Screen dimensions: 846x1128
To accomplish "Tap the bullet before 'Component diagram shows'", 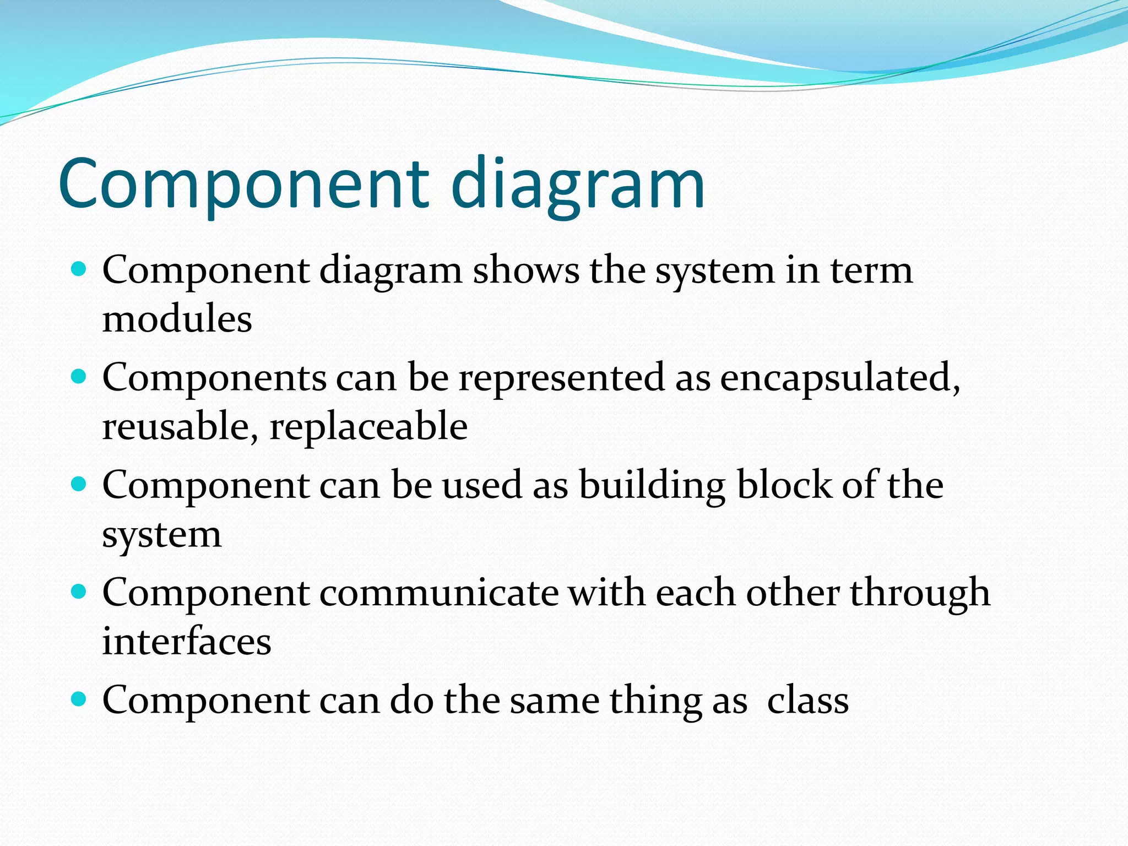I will [79, 269].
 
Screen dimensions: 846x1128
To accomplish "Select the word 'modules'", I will [177, 319].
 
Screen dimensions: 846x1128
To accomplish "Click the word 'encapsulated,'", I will [839, 378].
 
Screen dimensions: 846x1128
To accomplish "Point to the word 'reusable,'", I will [180, 427].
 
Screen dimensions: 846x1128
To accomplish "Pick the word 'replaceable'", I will [368, 427].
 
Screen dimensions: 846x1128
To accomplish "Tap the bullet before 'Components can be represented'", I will [79, 377].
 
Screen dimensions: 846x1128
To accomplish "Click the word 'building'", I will [652, 486].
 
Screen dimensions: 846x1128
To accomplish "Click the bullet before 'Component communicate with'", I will [79, 592].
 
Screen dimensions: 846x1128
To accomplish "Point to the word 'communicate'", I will [438, 593].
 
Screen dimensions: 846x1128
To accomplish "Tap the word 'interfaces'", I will [187, 642].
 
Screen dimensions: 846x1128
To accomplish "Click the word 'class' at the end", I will [807, 701].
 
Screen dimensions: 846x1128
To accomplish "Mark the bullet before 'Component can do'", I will [79, 699].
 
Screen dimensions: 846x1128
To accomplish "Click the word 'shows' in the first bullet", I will [526, 270].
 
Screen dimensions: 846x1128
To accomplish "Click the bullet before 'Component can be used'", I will [79, 484].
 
